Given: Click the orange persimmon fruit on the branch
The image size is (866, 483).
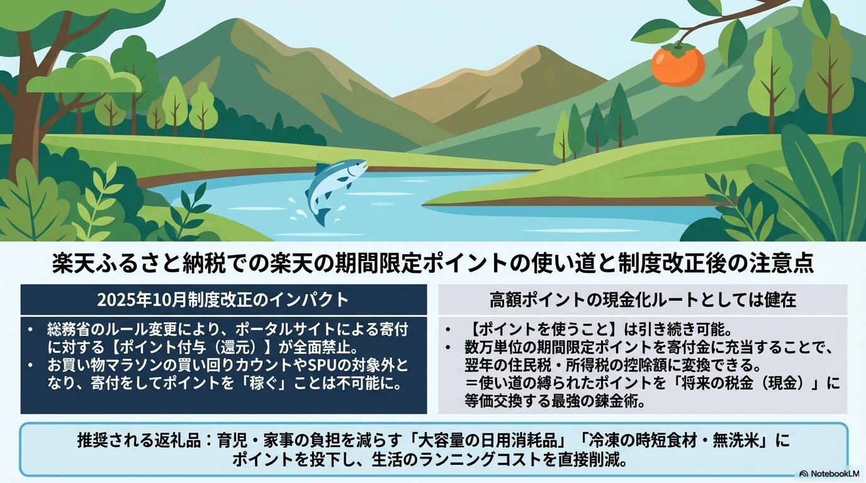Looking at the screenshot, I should tap(678, 66).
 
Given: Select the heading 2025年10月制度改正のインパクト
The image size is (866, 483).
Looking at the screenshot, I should tap(223, 299).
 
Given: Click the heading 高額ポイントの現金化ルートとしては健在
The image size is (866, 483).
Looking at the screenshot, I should tap(643, 299).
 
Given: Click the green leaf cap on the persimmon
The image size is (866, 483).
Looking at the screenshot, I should tap(678, 47).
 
